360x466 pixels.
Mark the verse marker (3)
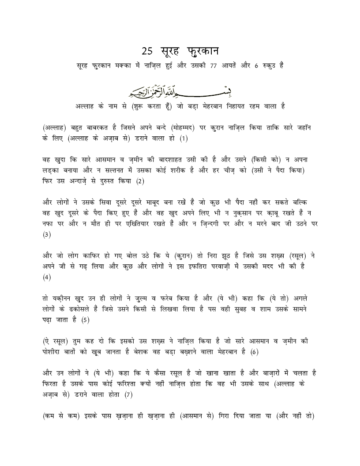(47, 234)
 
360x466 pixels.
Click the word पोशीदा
(55, 352)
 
